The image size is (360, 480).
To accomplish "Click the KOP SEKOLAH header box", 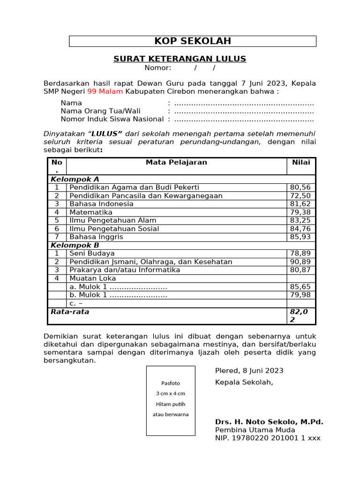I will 193,41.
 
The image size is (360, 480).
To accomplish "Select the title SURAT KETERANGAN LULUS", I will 180,59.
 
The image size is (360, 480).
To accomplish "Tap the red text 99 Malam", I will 105,91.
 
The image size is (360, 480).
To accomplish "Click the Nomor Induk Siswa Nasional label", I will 112,119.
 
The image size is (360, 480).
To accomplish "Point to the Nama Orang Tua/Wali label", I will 100,111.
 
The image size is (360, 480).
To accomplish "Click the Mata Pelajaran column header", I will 176,163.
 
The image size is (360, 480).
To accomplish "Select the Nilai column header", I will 301,163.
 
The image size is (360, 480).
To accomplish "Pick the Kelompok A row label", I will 75,179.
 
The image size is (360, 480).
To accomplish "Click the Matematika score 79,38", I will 300,212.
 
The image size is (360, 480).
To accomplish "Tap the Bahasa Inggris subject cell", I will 96,237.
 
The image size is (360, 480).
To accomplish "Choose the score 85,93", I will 300,237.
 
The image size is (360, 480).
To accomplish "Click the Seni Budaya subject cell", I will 92,254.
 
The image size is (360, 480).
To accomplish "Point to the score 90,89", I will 300,262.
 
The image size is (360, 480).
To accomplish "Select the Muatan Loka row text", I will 93,278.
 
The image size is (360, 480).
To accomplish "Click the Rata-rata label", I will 70,312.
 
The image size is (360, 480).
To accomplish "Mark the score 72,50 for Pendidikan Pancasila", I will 300,196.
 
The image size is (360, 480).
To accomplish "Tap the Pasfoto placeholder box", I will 170,401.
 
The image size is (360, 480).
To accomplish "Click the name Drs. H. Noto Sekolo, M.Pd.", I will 269,422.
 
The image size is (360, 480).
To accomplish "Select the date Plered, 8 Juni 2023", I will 249,371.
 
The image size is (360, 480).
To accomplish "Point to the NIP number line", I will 268,438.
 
